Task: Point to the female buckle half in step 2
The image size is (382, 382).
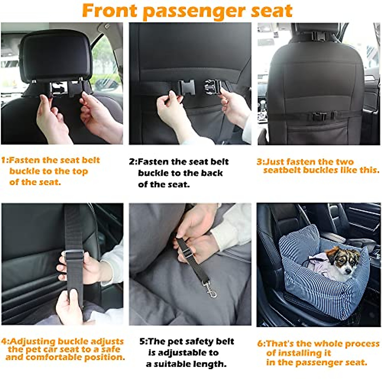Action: (x=186, y=87)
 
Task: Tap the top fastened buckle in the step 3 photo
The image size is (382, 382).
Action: (x=319, y=36)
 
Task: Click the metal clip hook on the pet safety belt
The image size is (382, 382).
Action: (x=211, y=290)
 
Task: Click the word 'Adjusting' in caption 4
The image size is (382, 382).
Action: (x=32, y=342)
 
